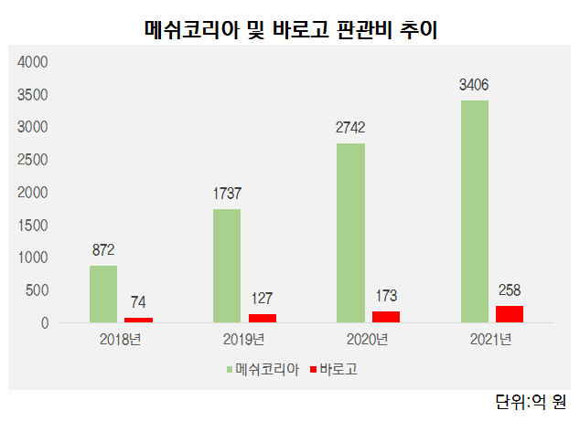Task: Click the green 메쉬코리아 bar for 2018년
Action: point(103,293)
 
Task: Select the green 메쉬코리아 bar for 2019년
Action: point(227,265)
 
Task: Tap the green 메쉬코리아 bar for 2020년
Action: point(350,232)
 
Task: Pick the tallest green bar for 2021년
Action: point(474,211)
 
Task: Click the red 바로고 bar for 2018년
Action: point(138,320)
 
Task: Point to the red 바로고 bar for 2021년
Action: point(510,313)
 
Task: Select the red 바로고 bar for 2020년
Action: point(385,316)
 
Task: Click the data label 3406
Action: point(474,85)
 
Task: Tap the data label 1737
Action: point(227,194)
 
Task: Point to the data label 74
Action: point(138,302)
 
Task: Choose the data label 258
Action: point(510,289)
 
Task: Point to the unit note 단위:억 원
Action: point(531,401)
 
